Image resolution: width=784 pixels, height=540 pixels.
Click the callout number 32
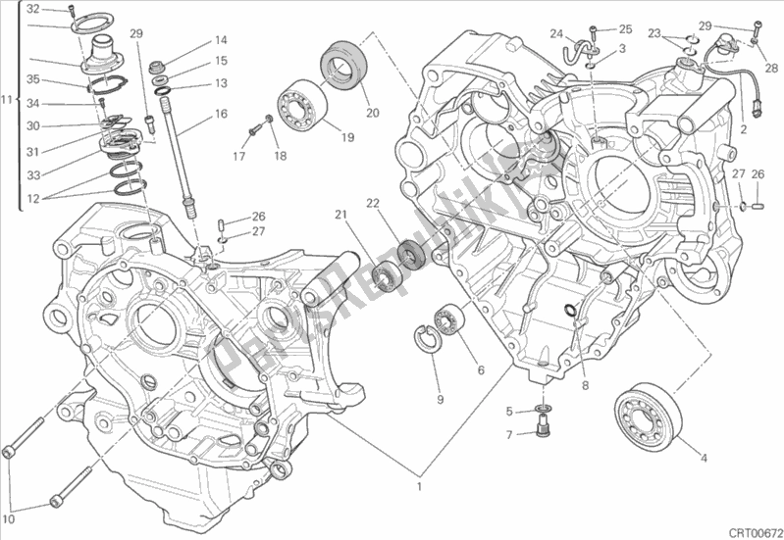coord(33,9)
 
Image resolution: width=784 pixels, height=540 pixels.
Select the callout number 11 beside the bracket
coord(8,100)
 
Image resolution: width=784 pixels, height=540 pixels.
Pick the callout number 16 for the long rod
coord(221,114)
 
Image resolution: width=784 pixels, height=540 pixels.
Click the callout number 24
coord(555,30)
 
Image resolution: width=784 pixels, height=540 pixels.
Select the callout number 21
coord(340,216)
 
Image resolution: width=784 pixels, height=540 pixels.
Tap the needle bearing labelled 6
coord(450,320)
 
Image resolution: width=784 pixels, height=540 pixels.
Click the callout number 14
coord(221,40)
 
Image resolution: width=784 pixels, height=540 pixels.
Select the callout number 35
coord(33,80)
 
